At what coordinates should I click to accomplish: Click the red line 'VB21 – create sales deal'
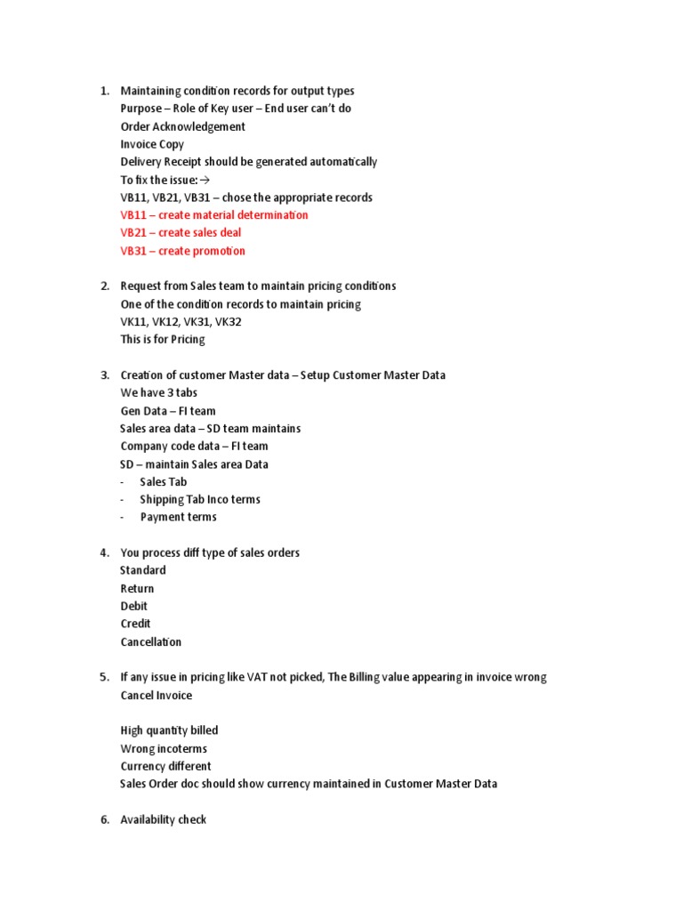coord(181,233)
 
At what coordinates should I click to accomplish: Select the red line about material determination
coord(214,215)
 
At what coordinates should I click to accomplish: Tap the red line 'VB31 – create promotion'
coord(182,251)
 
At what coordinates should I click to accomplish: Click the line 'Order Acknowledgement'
coord(183,126)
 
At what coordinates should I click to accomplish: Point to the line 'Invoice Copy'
coord(152,144)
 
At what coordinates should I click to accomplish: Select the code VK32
coord(228,322)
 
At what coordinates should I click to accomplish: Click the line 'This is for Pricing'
coord(163,340)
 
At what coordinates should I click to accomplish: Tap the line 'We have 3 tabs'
coord(159,393)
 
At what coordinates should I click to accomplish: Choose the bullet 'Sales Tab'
coord(164,482)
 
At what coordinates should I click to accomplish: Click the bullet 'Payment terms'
coord(178,517)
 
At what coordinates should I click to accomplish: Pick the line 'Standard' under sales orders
coord(143,570)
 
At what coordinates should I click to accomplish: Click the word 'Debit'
coord(134,606)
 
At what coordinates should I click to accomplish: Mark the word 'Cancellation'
coord(151,641)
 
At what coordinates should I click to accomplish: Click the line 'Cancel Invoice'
coord(157,695)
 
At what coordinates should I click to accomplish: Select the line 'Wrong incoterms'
coord(164,748)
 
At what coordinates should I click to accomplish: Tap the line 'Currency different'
coord(166,766)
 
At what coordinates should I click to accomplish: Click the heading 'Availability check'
coord(164,819)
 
